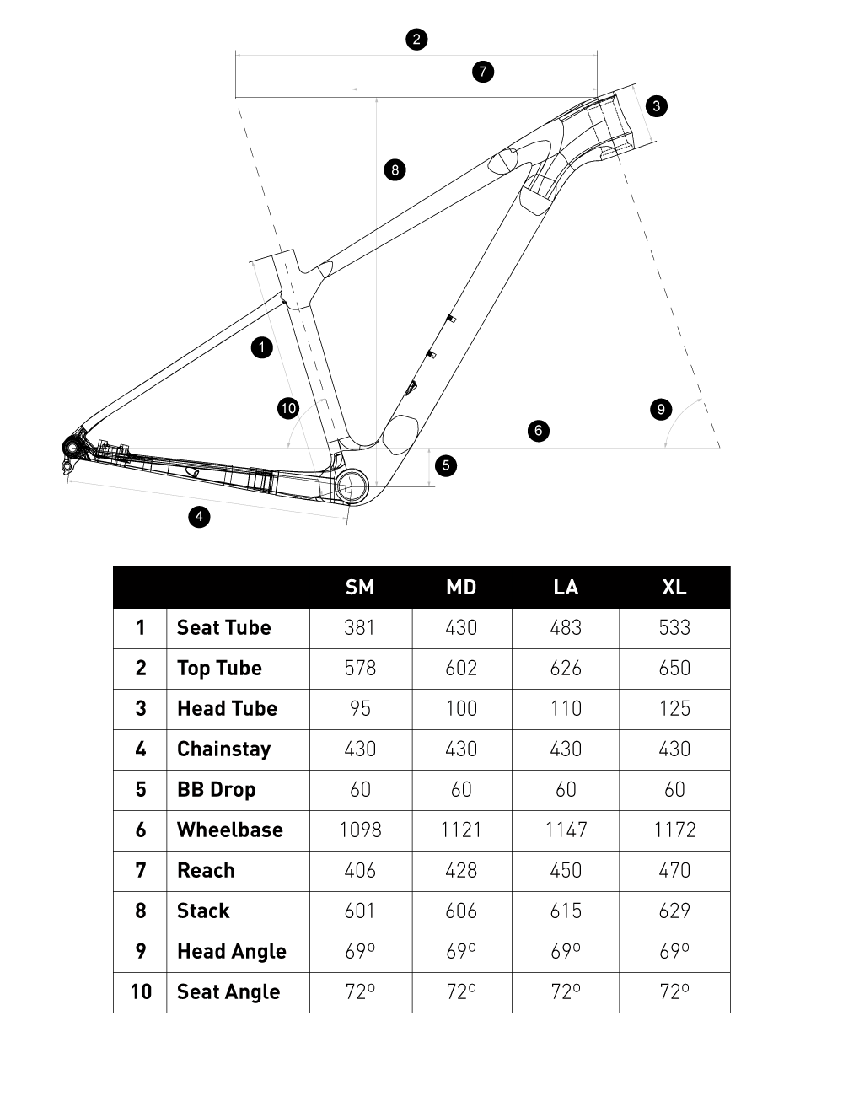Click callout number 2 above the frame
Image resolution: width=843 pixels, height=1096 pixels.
(416, 39)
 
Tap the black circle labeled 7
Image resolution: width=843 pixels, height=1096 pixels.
(482, 71)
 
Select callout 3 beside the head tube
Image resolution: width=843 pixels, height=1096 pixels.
(656, 105)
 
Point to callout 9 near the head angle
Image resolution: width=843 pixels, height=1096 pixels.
(661, 410)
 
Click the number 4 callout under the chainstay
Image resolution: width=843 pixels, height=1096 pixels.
(199, 516)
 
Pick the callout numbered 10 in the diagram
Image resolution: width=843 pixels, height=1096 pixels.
(288, 409)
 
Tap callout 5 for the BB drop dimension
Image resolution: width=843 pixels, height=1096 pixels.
(446, 465)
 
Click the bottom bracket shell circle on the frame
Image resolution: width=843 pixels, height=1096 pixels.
(351, 484)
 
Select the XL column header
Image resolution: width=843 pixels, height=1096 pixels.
(674, 587)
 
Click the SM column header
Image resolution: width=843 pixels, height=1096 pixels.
(360, 587)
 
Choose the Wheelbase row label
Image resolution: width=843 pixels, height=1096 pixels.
(229, 830)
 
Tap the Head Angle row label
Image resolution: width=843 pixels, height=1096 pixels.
(231, 951)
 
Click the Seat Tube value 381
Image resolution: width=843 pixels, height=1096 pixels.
(360, 627)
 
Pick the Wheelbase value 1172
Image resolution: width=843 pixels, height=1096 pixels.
(674, 830)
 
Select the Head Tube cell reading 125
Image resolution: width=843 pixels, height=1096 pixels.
(674, 708)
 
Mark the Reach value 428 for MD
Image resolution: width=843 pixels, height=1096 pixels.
(461, 870)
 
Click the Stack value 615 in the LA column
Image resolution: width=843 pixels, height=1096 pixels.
(566, 911)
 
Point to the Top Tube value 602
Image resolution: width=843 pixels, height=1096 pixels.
(461, 668)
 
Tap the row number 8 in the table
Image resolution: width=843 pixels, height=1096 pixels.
(140, 911)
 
